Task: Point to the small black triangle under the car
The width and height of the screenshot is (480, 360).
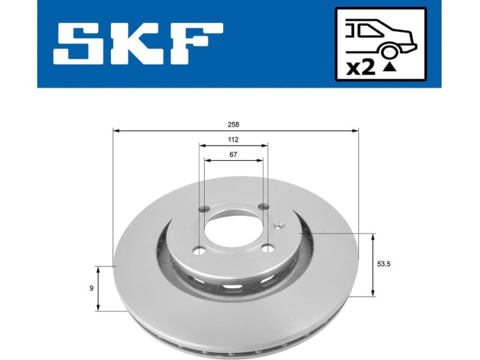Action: click(389, 68)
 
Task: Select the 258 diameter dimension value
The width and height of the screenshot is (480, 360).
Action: click(234, 125)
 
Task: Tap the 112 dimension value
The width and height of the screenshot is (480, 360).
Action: click(233, 140)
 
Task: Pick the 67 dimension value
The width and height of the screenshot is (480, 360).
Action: click(233, 155)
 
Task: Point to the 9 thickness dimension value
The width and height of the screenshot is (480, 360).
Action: click(91, 289)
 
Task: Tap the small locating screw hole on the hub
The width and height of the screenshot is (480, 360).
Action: click(278, 226)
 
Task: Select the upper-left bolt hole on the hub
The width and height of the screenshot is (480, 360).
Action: click(203, 209)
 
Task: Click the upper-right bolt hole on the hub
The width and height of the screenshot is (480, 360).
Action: click(263, 207)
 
